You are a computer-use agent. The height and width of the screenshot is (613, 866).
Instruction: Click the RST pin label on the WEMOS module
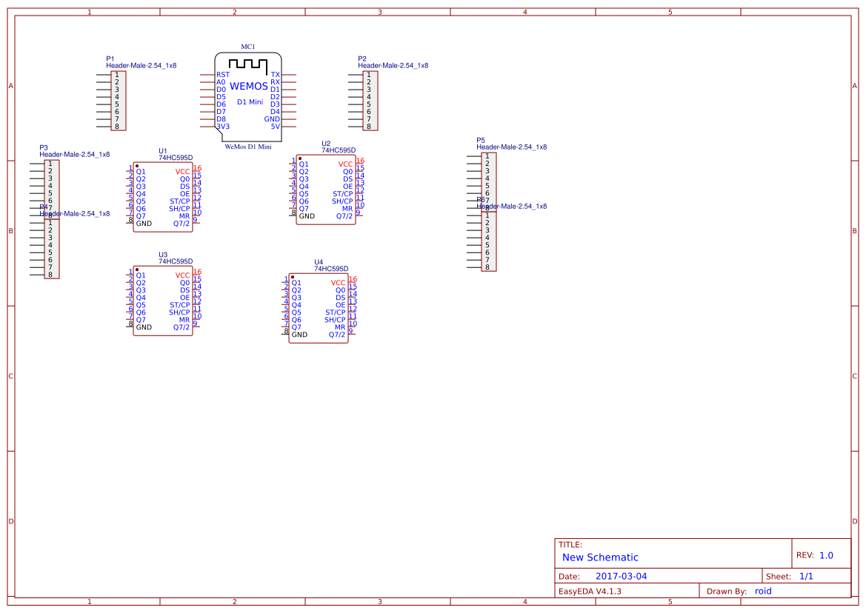(222, 75)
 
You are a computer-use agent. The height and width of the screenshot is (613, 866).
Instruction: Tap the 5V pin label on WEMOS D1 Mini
(276, 127)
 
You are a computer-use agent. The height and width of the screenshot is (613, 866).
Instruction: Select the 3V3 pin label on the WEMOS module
(223, 127)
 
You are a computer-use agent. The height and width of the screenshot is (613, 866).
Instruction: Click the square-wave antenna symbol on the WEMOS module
(247, 65)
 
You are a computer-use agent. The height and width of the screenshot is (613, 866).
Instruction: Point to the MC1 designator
(248, 47)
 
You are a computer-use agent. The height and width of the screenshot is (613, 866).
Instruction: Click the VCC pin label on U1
(183, 172)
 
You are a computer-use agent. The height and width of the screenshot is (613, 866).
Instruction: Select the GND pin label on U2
(307, 216)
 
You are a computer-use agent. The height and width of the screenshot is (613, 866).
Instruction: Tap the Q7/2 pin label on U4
(337, 335)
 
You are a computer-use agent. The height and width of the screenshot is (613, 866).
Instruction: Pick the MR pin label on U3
(184, 320)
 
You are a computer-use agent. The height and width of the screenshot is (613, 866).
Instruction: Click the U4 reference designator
(319, 262)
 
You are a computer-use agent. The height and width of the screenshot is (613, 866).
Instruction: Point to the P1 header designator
(110, 58)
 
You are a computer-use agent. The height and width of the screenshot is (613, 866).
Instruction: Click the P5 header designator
(481, 140)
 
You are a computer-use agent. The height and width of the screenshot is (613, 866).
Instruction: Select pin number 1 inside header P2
(369, 75)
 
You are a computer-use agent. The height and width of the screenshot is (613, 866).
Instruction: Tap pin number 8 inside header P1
(117, 127)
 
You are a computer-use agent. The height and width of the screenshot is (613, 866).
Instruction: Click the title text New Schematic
(600, 557)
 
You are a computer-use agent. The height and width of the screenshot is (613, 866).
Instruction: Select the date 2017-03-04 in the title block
(621, 576)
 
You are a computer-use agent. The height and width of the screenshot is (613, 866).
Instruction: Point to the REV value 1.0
(826, 555)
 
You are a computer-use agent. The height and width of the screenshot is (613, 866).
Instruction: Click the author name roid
(763, 591)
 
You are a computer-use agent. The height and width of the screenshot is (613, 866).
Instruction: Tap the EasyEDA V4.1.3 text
(590, 591)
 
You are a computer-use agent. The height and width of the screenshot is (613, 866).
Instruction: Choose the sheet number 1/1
(807, 576)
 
